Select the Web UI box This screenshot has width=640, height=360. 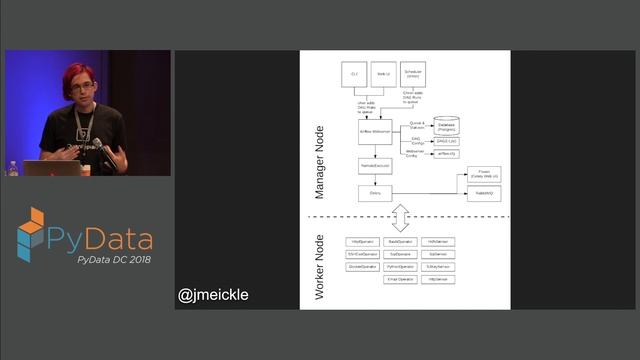tap(384, 75)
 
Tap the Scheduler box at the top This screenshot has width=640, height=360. tap(414, 75)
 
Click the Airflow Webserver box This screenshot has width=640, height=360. tap(374, 131)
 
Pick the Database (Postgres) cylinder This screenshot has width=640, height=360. tap(446, 125)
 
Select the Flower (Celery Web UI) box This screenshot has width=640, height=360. tap(483, 174)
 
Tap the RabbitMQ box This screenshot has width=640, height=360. tap(483, 193)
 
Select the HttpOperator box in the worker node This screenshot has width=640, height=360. tap(362, 242)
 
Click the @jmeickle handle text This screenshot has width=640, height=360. tap(213, 295)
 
